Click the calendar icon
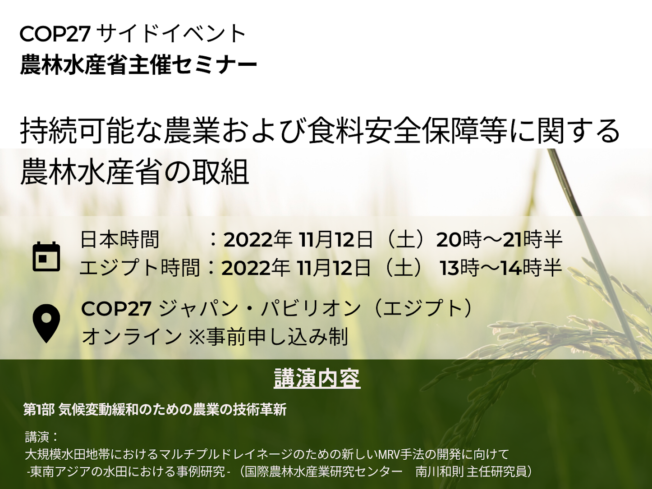click(x=46, y=256)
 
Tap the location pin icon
click(x=46, y=324)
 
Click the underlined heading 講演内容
click(x=317, y=378)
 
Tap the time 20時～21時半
click(x=499, y=240)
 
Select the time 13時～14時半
click(x=501, y=268)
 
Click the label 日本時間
click(x=119, y=240)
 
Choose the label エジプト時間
click(x=140, y=268)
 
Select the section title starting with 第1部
click(x=155, y=410)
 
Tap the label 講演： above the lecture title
click(x=41, y=437)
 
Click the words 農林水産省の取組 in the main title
click(x=134, y=172)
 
